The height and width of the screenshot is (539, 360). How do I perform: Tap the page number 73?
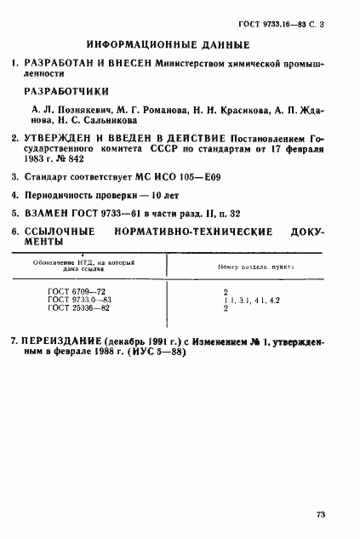tap(321, 514)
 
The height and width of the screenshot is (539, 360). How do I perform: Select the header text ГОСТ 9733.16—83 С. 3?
tap(294, 15)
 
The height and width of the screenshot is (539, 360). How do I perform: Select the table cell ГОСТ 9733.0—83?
tap(80, 301)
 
